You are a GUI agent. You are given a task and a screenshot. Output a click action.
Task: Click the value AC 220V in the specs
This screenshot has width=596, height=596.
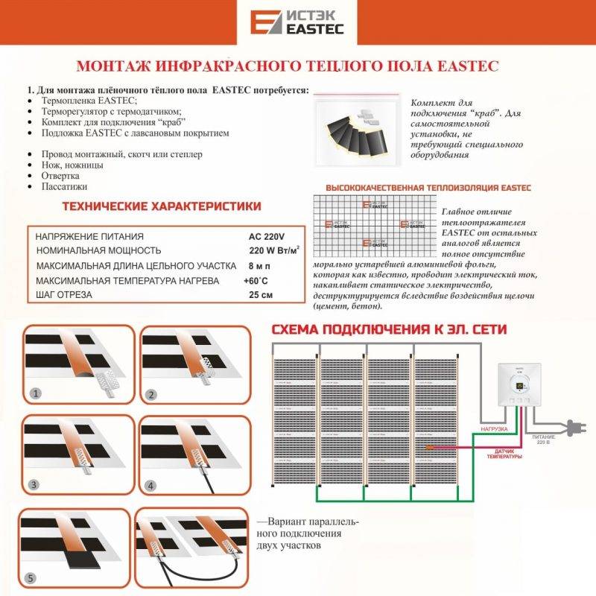[x=267, y=236]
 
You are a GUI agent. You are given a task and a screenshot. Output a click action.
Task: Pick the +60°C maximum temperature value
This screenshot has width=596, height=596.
[x=256, y=281]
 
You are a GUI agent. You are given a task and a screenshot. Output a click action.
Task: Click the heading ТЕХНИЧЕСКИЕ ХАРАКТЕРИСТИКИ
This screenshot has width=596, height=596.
[x=161, y=206]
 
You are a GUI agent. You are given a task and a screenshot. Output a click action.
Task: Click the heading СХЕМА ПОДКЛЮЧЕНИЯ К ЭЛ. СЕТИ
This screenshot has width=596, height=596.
[x=388, y=329]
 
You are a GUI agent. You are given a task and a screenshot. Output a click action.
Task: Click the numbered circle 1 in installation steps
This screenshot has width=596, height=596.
[x=33, y=393]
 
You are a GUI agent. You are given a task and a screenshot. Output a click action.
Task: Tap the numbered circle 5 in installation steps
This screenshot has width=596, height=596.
[x=30, y=577]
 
